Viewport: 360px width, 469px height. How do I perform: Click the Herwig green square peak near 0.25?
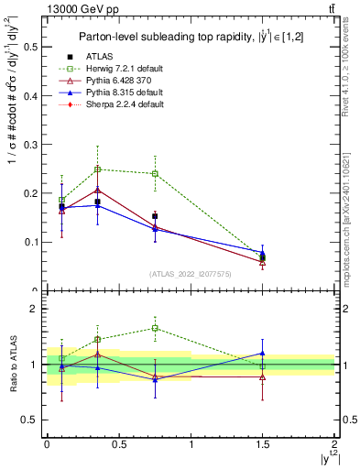(x=97, y=169)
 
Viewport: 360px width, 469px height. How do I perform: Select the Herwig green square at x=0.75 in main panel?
(x=155, y=173)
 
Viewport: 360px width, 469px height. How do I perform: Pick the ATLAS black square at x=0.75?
(x=155, y=216)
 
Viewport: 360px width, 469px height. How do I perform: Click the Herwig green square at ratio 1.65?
(x=155, y=328)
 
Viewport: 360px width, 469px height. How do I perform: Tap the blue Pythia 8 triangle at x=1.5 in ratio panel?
(x=263, y=353)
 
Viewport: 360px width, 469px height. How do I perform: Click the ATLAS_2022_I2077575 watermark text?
(x=190, y=274)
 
